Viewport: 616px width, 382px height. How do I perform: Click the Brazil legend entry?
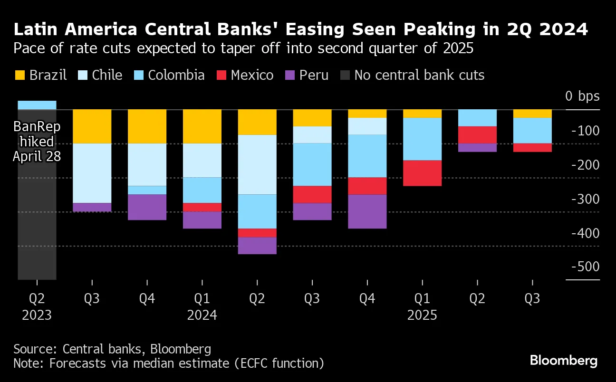click(x=41, y=75)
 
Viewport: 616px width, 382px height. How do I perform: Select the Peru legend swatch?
click(x=290, y=75)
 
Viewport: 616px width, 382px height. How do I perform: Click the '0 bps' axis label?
click(x=582, y=96)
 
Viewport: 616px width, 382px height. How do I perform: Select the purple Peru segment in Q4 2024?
click(x=367, y=211)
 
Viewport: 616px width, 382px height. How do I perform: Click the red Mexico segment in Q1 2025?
click(x=422, y=173)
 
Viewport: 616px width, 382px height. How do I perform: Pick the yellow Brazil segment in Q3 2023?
click(x=92, y=126)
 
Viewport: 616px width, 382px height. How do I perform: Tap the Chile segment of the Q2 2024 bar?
click(x=257, y=164)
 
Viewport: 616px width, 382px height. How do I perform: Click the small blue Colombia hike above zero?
click(x=37, y=105)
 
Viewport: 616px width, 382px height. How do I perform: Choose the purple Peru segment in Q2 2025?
click(x=477, y=147)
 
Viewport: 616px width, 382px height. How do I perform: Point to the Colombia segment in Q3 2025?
click(x=532, y=130)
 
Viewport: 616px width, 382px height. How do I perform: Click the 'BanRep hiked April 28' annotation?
click(x=37, y=141)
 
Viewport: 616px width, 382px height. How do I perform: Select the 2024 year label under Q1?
click(x=202, y=315)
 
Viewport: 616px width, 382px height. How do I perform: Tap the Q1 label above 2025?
click(x=422, y=299)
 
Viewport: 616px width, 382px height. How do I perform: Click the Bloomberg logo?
click(x=563, y=361)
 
